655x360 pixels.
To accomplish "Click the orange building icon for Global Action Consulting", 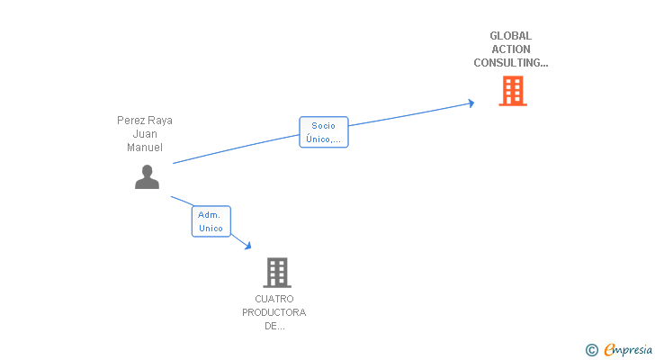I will coord(513,91).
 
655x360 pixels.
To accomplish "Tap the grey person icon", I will coord(147,177).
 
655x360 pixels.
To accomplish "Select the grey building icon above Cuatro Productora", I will coord(277,272).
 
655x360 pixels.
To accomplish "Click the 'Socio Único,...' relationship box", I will coord(323,132).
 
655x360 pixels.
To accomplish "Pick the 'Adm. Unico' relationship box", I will coord(211,221).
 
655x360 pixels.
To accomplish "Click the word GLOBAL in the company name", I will coord(510,36).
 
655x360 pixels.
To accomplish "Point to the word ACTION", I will coord(510,49).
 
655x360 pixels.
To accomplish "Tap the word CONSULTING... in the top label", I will coord(510,63).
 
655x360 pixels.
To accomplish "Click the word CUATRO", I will coord(274,299).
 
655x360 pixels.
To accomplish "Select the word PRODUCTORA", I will coord(274,312).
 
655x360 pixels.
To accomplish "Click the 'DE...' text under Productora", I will coord(274,326).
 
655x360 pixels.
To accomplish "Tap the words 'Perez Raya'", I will coord(145,120).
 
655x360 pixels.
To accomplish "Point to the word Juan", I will coord(145,133).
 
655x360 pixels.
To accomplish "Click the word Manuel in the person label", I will coord(145,147).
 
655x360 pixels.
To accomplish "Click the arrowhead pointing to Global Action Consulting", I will coord(470,103).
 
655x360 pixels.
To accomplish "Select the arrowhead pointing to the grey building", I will coord(247,245).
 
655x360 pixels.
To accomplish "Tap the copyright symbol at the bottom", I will coord(591,350).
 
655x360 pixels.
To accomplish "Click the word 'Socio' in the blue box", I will coord(323,126).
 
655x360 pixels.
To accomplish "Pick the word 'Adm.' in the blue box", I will coord(210,215).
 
